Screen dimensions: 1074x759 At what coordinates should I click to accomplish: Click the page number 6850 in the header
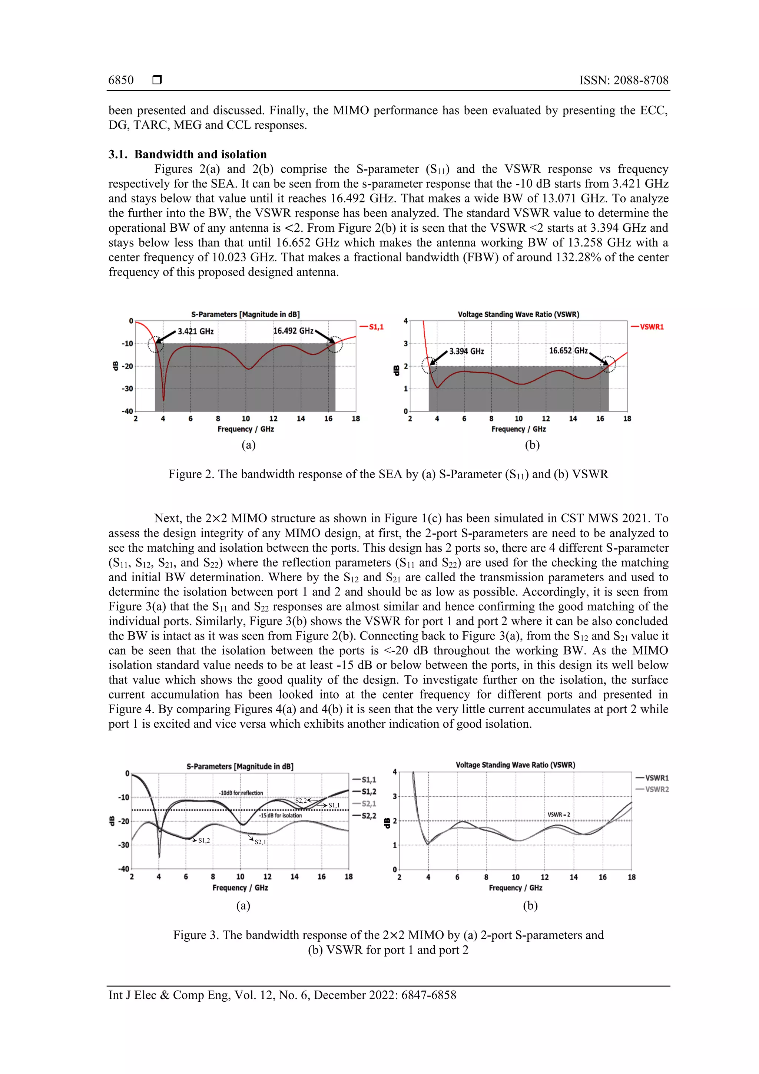pyautogui.click(x=121, y=80)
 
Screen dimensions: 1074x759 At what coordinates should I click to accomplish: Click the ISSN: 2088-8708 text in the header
pyautogui.click(x=623, y=80)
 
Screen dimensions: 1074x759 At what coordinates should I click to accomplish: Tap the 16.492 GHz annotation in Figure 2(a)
pyautogui.click(x=293, y=331)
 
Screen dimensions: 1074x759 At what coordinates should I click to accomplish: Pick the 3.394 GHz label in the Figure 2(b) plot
pyautogui.click(x=466, y=351)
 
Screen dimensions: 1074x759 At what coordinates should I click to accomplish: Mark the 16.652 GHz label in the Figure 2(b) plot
pyautogui.click(x=568, y=351)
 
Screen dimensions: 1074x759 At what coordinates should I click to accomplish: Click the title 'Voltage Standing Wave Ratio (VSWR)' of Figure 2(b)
pyautogui.click(x=518, y=314)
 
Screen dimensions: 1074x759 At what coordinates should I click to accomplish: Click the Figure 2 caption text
pyautogui.click(x=388, y=474)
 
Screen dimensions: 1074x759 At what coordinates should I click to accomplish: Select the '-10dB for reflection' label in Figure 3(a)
pyautogui.click(x=241, y=793)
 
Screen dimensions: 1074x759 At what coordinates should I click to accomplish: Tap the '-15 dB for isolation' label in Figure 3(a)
pyautogui.click(x=281, y=815)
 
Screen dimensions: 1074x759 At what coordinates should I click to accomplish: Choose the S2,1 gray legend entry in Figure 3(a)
pyautogui.click(x=368, y=804)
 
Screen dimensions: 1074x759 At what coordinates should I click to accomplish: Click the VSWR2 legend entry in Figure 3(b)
pyautogui.click(x=657, y=789)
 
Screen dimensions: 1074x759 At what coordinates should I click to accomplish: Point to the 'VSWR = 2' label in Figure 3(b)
pyautogui.click(x=559, y=814)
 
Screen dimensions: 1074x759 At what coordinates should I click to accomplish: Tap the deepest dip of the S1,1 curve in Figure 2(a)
pyautogui.click(x=163, y=400)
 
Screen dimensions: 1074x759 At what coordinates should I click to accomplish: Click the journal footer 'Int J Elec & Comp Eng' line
pyautogui.click(x=282, y=995)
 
